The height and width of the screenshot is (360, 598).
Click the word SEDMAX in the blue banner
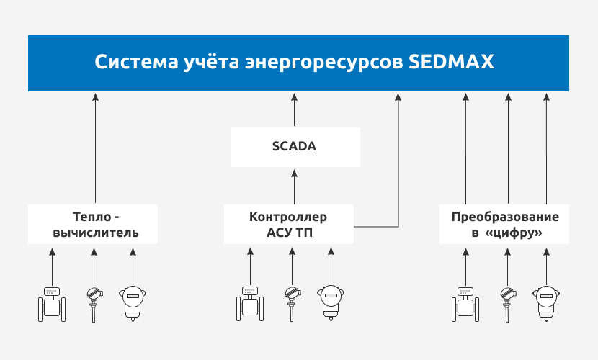coord(451,61)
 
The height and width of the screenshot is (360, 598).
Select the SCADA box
coord(295,147)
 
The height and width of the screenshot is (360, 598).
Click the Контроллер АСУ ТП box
coord(288,225)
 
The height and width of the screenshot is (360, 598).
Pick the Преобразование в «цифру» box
coord(505,225)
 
